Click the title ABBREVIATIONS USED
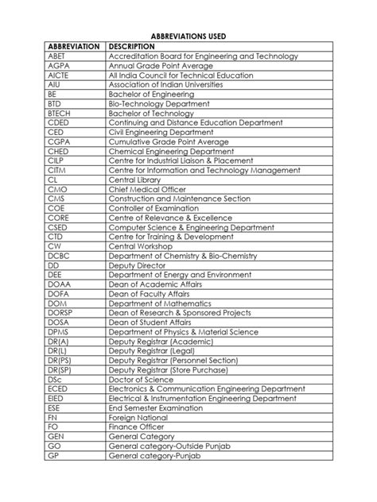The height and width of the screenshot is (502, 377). pyautogui.click(x=188, y=36)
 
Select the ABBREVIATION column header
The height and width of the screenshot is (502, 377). pyautogui.click(x=74, y=47)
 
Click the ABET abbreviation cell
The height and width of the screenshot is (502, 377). pyautogui.click(x=58, y=56)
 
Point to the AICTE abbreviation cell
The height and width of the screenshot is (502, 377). pyautogui.click(x=60, y=75)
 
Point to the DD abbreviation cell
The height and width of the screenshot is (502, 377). pyautogui.click(x=54, y=265)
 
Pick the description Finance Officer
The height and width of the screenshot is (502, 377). pyautogui.click(x=138, y=427)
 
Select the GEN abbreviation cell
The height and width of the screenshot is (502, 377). pyautogui.click(x=56, y=436)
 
